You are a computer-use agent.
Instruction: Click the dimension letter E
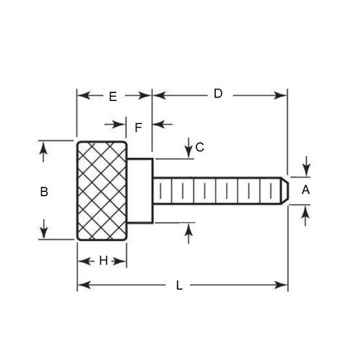(x=112, y=95)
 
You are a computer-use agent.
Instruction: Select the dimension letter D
(x=217, y=94)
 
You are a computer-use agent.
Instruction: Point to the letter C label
(x=200, y=147)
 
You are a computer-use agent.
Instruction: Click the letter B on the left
(x=44, y=191)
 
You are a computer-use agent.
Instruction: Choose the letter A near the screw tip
(x=305, y=190)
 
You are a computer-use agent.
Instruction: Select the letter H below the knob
(x=103, y=260)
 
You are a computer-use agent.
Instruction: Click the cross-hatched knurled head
(x=103, y=190)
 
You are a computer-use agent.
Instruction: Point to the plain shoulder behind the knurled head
(x=140, y=190)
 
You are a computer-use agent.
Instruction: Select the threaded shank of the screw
(x=217, y=190)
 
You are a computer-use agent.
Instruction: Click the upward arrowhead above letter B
(x=45, y=146)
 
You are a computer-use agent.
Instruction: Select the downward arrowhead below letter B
(x=45, y=234)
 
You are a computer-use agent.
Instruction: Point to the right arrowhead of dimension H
(x=123, y=260)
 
